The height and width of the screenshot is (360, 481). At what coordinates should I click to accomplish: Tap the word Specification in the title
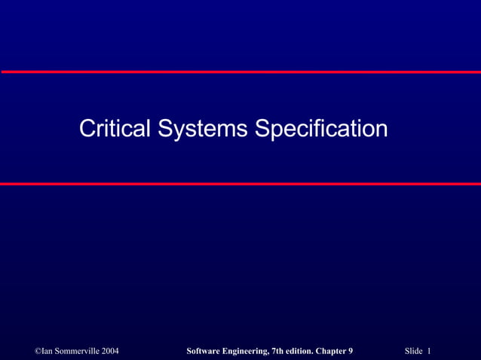coord(321,128)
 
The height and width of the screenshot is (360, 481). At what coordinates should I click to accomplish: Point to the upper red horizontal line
coord(240,72)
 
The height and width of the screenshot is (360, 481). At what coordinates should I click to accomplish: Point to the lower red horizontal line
coord(240,184)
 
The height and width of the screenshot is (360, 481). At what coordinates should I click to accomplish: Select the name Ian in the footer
coord(48,352)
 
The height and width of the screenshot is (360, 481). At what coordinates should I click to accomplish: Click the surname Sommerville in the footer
coord(77,352)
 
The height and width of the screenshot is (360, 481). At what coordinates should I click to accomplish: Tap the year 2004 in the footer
coord(109,352)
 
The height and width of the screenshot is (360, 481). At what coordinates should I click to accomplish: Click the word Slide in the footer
coord(413,352)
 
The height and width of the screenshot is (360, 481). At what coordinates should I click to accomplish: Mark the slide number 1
coord(428,352)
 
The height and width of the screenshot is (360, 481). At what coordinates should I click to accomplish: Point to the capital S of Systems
coord(165,128)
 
